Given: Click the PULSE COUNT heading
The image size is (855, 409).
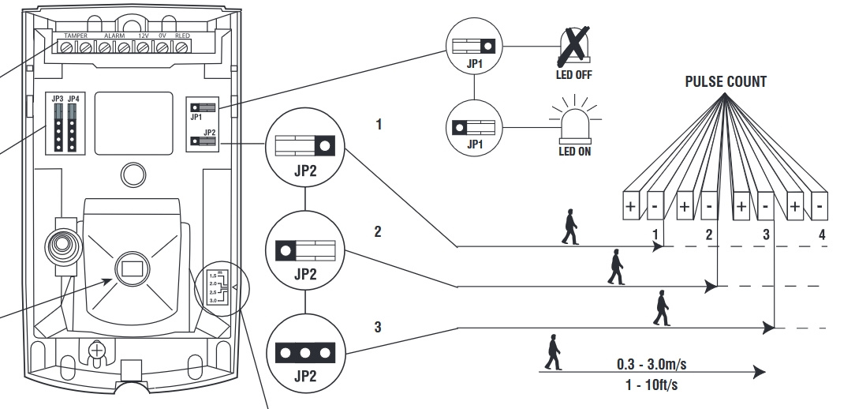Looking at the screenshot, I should tap(725, 81).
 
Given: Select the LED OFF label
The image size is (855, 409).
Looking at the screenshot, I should tap(573, 75).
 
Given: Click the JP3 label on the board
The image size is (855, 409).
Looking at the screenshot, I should tap(58, 99).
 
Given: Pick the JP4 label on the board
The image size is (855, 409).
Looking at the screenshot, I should tap(73, 99).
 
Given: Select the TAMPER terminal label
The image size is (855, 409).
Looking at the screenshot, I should tap(76, 36).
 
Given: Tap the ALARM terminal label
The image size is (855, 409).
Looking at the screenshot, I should tap(114, 36).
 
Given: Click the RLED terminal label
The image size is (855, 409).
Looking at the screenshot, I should tap(182, 36).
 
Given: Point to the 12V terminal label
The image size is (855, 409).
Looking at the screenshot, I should tap(143, 36).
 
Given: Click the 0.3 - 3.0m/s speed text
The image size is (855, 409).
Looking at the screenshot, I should tap(649, 366).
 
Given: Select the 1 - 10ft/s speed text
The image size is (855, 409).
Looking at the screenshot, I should tap(649, 385).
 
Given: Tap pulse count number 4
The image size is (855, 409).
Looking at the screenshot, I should tap(821, 235).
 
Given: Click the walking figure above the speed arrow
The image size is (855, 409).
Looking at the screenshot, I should tap(554, 352).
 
